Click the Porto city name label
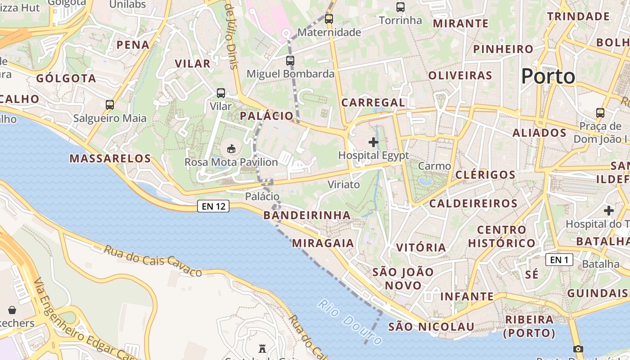click(x=548, y=76)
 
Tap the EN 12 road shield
click(x=213, y=207)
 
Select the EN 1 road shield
click(x=559, y=260)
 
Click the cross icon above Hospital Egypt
click(x=373, y=143)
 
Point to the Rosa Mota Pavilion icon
click(x=231, y=148)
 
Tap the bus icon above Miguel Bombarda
click(x=290, y=60)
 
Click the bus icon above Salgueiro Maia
click(x=110, y=105)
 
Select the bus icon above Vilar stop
click(x=221, y=93)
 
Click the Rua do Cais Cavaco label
click(x=153, y=261)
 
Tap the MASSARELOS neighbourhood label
click(x=110, y=158)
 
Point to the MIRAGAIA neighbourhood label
click(x=323, y=243)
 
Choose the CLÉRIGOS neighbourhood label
click(x=486, y=175)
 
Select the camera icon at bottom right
click(x=578, y=349)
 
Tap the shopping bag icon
click(x=12, y=310)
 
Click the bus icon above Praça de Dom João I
click(x=600, y=112)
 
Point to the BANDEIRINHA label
click(x=307, y=215)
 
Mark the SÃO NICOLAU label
click(x=431, y=327)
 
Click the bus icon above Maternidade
click(x=329, y=19)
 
